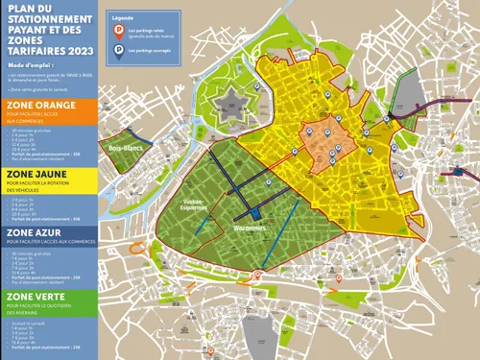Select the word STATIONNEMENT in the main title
tap(54, 16)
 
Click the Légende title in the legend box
tap(122, 19)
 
